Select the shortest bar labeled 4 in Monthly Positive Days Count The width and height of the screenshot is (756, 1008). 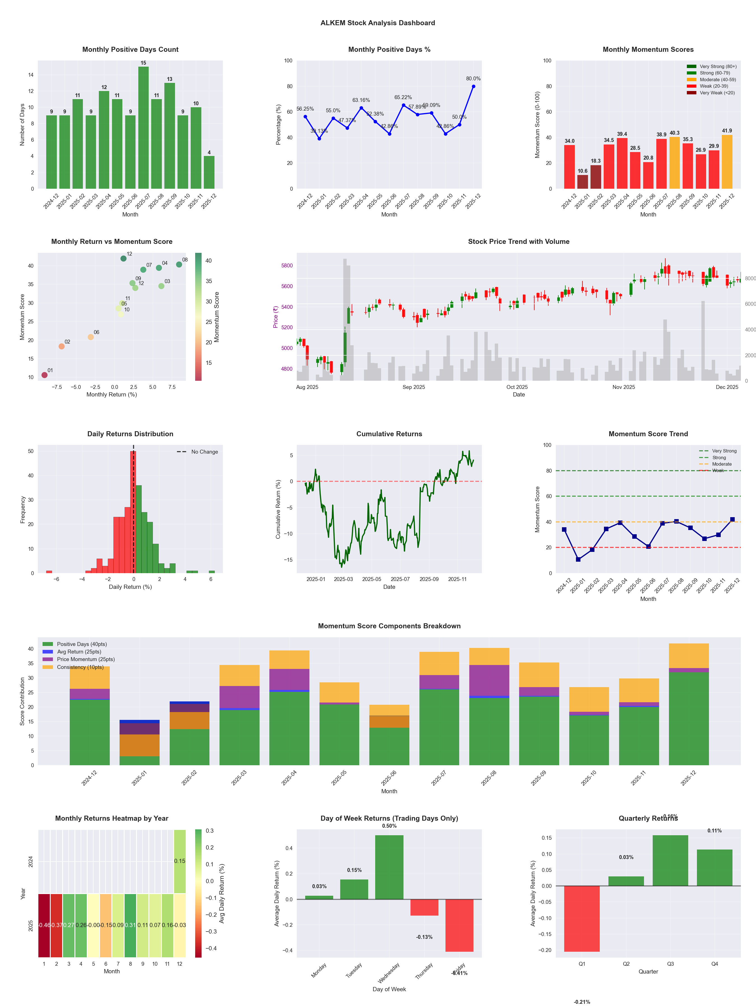[x=209, y=172]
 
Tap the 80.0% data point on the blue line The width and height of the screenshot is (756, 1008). [x=473, y=87]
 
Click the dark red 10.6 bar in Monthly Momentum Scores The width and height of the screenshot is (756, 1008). [x=582, y=182]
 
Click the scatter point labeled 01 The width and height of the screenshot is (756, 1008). [x=45, y=375]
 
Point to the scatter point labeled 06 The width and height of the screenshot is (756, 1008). [x=91, y=337]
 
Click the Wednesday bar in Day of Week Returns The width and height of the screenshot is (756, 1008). [x=389, y=867]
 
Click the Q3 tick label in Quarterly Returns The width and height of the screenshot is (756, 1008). [x=670, y=964]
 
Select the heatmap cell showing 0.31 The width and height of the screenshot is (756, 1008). [x=130, y=925]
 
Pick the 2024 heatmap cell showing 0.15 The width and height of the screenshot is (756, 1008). [x=179, y=861]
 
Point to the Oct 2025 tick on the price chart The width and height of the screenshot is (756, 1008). [x=517, y=387]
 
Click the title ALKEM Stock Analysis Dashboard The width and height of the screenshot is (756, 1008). [x=378, y=23]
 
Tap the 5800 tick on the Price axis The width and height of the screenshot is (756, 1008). [x=287, y=266]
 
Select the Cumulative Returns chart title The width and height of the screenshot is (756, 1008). [x=389, y=434]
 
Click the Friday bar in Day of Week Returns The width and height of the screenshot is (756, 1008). [x=459, y=925]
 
